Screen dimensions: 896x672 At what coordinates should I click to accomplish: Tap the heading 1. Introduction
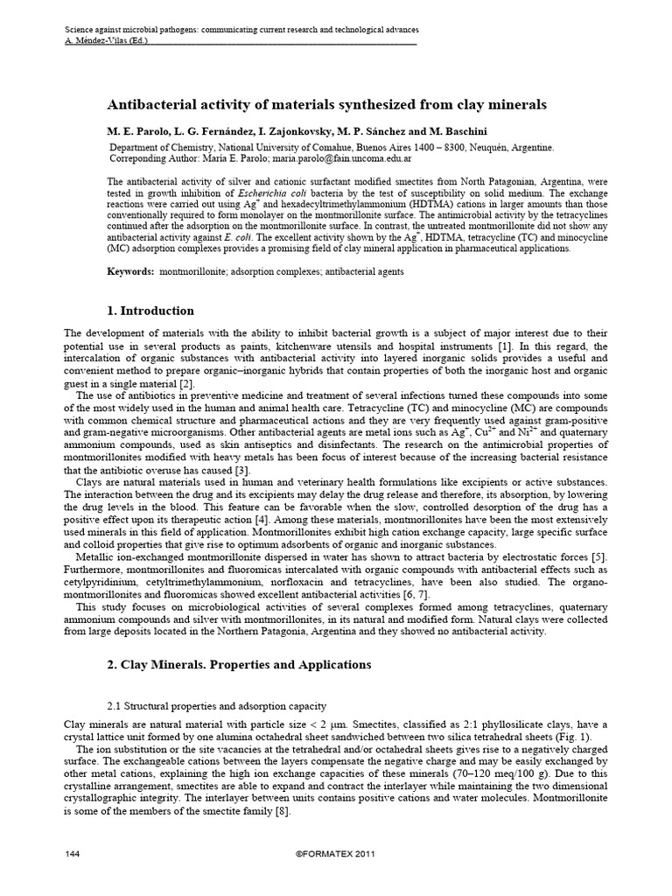(x=150, y=311)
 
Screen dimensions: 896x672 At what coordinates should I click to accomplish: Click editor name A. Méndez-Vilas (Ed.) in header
(x=107, y=40)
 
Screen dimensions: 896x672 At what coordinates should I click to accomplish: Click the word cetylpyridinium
(x=104, y=582)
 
